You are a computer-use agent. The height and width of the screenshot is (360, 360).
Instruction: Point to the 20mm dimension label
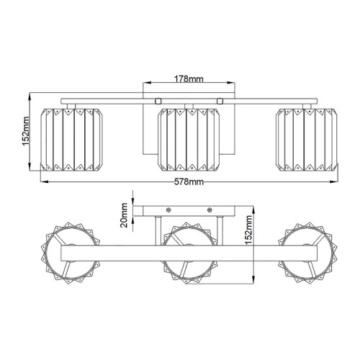coord(124,214)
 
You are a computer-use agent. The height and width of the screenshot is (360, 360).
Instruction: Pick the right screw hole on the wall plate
coord(211,210)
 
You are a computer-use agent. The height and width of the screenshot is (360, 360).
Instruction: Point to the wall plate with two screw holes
coord(189,210)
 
